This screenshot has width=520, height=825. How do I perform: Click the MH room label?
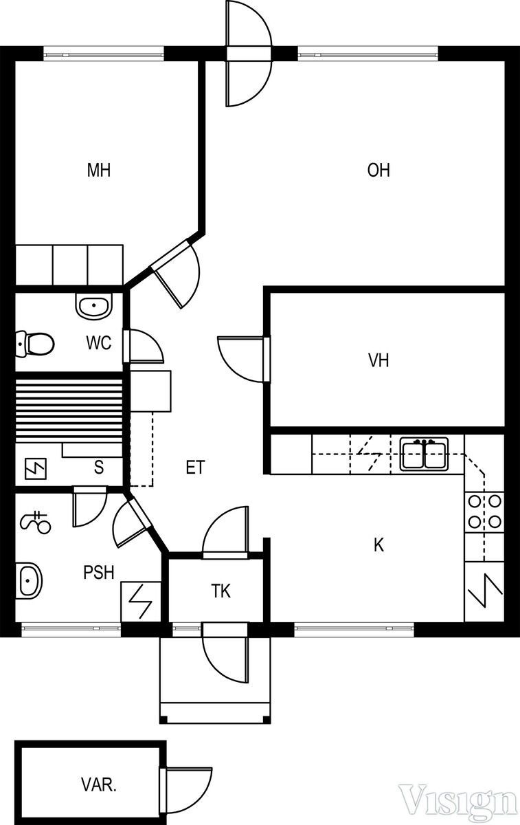pyautogui.click(x=99, y=170)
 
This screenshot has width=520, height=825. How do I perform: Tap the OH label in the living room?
pyautogui.click(x=378, y=170)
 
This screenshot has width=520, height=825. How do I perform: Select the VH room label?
pyautogui.click(x=378, y=360)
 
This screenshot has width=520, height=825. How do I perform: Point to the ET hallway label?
pyautogui.click(x=195, y=467)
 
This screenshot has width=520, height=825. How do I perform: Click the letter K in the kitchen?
pyautogui.click(x=378, y=544)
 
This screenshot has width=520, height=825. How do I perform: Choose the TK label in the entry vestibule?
pyautogui.click(x=221, y=591)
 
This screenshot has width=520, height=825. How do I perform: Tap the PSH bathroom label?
pyautogui.click(x=99, y=572)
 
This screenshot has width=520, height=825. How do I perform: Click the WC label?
pyautogui.click(x=99, y=342)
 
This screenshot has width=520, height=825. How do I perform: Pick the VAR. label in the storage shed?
pyautogui.click(x=99, y=785)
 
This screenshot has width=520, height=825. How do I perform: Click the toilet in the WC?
pyautogui.click(x=34, y=344)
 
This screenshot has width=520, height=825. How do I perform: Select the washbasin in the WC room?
pyautogui.click(x=94, y=305)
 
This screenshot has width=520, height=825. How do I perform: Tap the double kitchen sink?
pyautogui.click(x=425, y=454)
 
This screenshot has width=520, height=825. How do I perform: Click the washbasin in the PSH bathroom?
pyautogui.click(x=29, y=581)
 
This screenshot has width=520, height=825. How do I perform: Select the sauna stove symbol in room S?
pyautogui.click(x=35, y=468)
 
